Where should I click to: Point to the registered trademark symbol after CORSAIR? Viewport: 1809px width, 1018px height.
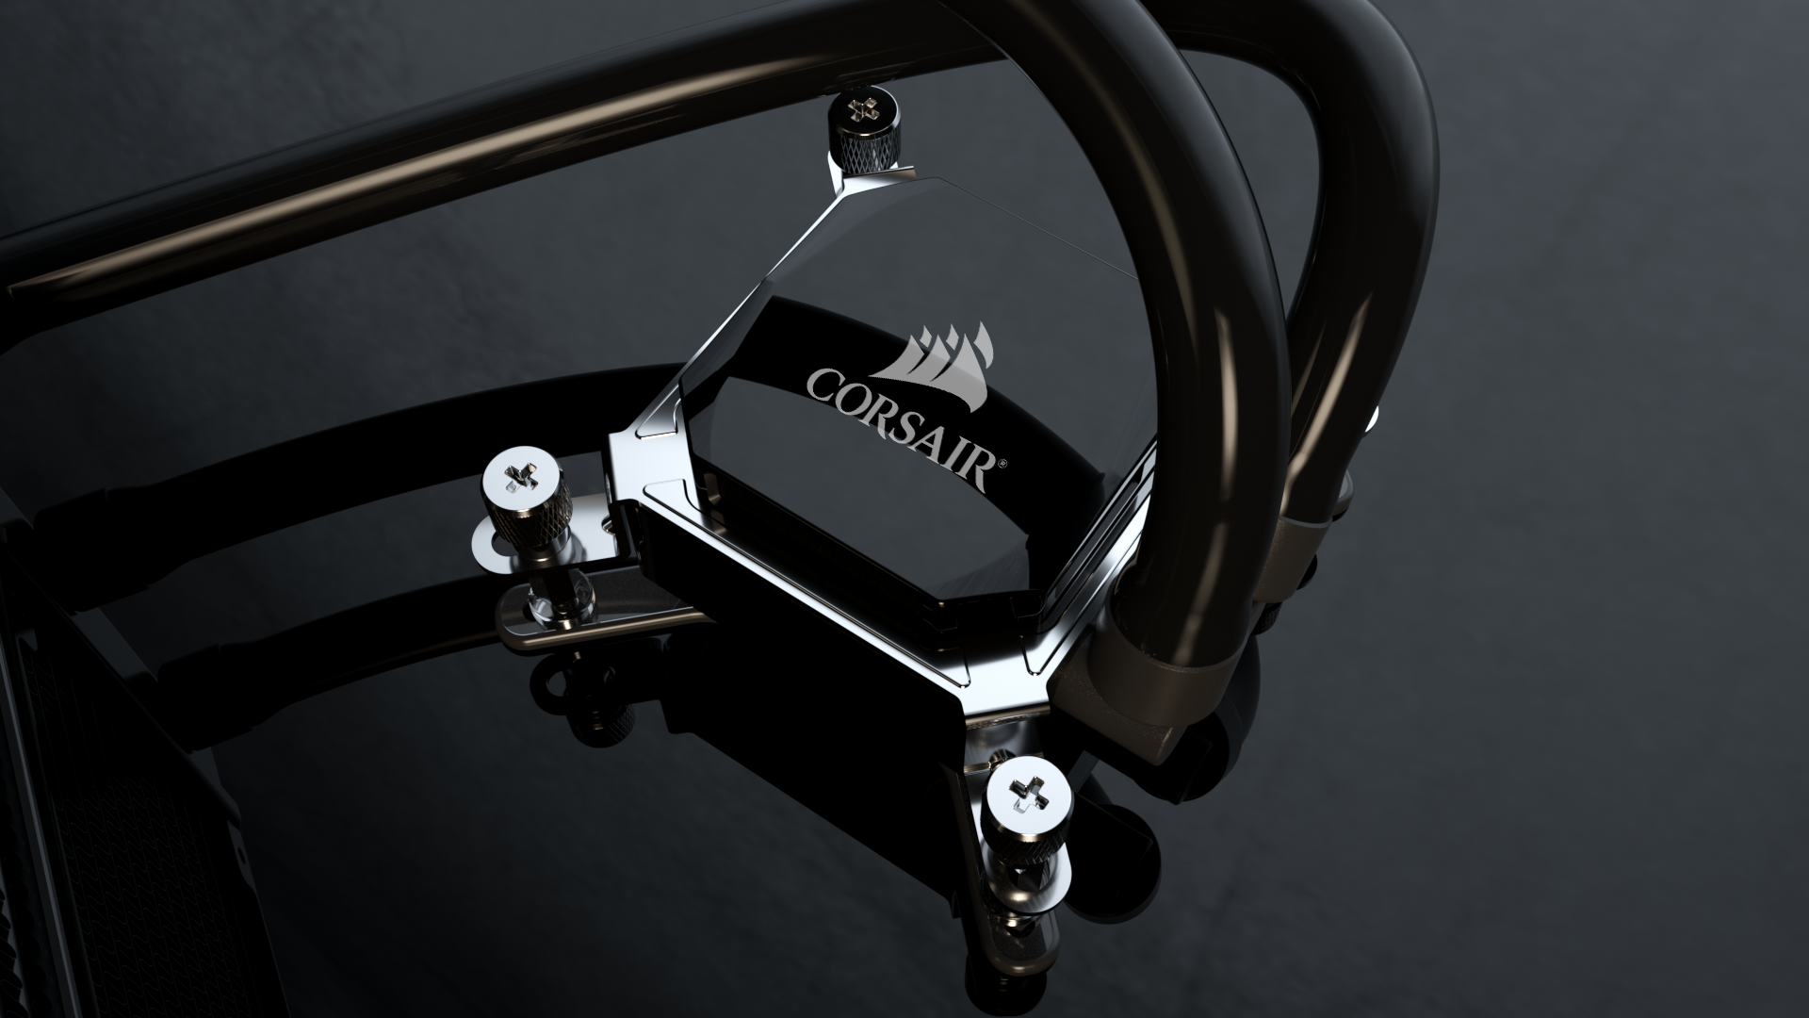coord(1003,463)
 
